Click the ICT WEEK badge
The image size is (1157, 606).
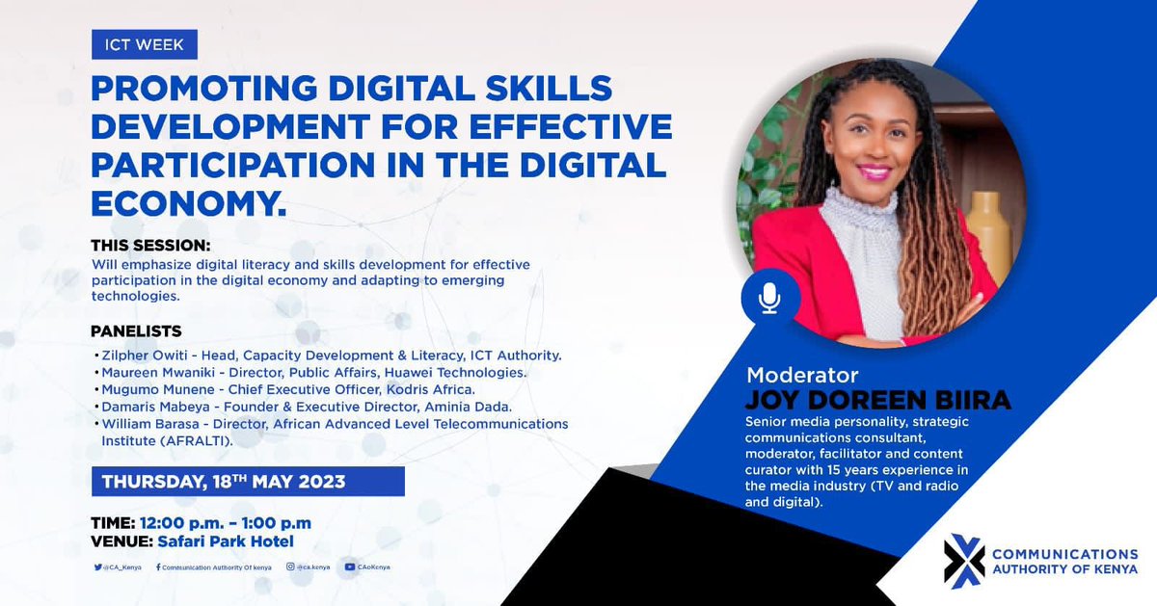coord(145,44)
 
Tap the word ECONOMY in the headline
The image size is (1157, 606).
coord(183,202)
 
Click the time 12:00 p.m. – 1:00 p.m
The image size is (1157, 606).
coord(225,523)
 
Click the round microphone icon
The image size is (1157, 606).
coord(769,298)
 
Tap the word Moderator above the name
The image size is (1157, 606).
coord(802,375)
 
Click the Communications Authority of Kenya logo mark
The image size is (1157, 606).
coord(965,561)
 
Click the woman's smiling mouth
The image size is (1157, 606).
coord(874,171)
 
